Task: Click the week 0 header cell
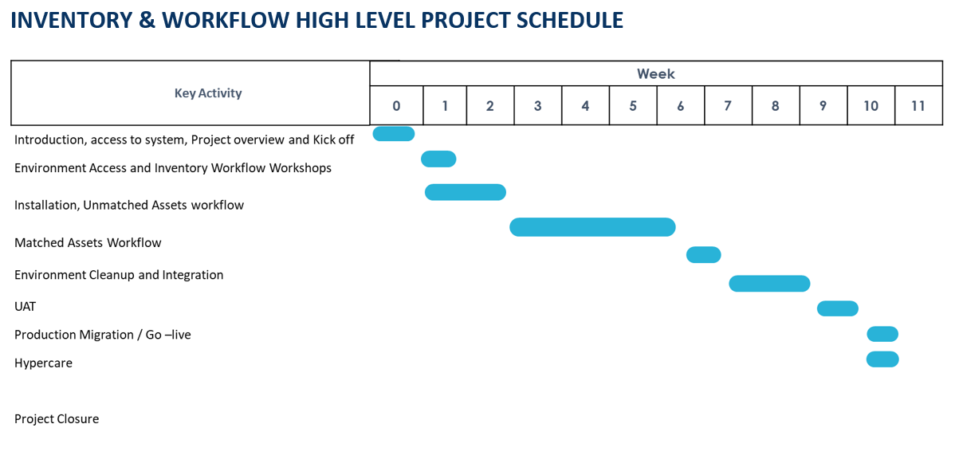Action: [x=396, y=105]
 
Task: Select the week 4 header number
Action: [x=585, y=106]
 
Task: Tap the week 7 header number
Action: [x=728, y=106]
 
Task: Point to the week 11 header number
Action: [x=918, y=106]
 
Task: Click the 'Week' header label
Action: [x=656, y=74]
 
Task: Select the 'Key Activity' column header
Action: [x=208, y=93]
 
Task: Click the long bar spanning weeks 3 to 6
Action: [x=592, y=227]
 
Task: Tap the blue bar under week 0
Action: [x=394, y=134]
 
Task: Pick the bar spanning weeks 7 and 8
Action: [x=769, y=284]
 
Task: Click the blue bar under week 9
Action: [x=838, y=308]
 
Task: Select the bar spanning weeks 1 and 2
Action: [x=466, y=192]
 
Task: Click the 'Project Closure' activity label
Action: [x=57, y=418]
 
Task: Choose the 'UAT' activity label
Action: [x=25, y=307]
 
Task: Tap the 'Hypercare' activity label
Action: [x=43, y=363]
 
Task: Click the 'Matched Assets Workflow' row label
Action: [x=88, y=243]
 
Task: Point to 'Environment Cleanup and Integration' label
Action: [x=119, y=275]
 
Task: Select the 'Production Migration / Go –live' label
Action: [x=103, y=335]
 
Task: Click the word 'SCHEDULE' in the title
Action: [x=569, y=20]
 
